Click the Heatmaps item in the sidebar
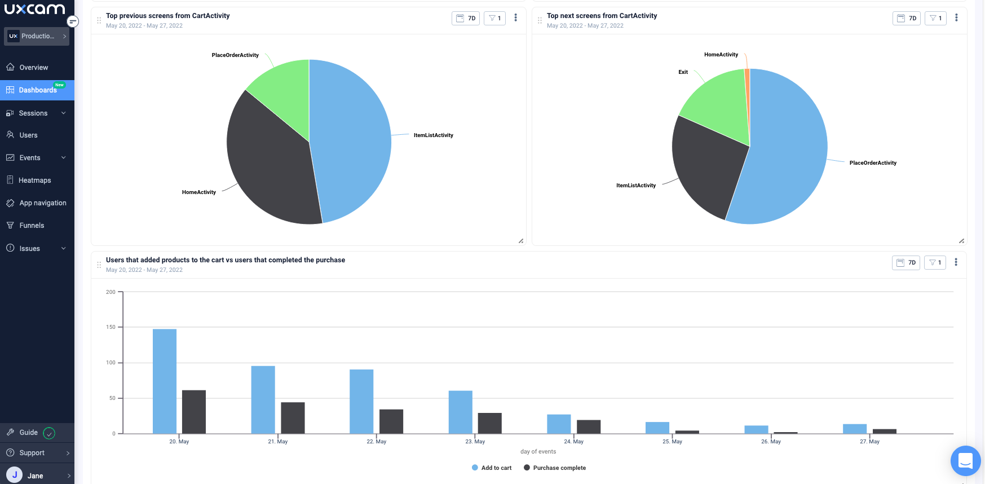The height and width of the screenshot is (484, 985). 34,181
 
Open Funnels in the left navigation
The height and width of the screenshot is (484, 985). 32,226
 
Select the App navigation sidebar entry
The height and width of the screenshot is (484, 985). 42,203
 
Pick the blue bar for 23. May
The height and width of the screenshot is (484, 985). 460,412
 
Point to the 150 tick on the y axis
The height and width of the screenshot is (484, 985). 111,327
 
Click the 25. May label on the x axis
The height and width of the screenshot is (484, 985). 672,442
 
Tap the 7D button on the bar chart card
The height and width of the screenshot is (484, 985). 906,263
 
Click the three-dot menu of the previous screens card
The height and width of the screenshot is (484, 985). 515,18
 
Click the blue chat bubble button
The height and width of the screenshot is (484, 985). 965,461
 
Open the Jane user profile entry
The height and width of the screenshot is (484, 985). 35,476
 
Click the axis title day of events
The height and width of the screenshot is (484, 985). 538,452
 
